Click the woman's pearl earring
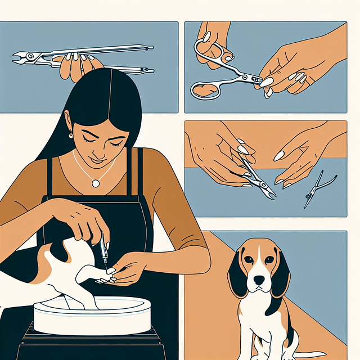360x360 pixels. (71, 134)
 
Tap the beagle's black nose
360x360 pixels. (258, 280)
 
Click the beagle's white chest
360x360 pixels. (259, 315)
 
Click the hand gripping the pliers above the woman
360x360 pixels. (79, 65)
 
